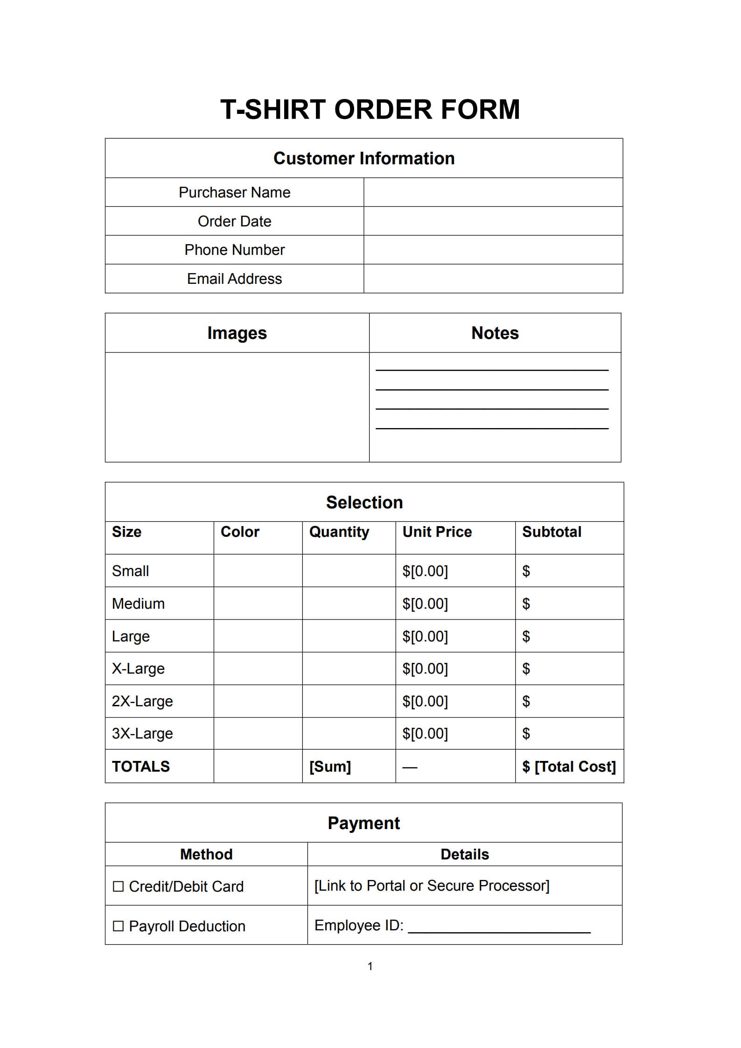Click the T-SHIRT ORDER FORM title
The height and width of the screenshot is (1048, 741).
pyautogui.click(x=370, y=110)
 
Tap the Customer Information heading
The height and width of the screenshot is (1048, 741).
pyautogui.click(x=364, y=158)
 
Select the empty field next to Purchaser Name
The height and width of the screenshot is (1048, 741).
pyautogui.click(x=493, y=192)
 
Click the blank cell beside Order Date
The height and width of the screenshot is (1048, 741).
pyautogui.click(x=493, y=221)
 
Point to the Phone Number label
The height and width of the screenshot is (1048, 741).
pyautogui.click(x=234, y=250)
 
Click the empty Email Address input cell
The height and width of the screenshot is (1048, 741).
pyautogui.click(x=493, y=279)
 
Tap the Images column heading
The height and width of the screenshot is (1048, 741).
pyautogui.click(x=237, y=333)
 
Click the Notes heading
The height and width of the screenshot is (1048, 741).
pyautogui.click(x=495, y=333)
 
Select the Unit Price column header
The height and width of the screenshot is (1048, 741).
pyautogui.click(x=437, y=532)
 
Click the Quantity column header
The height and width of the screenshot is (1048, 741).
pyautogui.click(x=339, y=532)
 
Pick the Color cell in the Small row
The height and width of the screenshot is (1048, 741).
pyautogui.click(x=258, y=571)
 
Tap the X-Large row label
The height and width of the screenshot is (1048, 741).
pyautogui.click(x=138, y=668)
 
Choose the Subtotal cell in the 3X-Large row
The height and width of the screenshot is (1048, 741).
pyautogui.click(x=569, y=733)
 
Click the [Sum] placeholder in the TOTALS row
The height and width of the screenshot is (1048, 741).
pyautogui.click(x=330, y=767)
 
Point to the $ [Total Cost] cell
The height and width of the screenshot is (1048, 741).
pyautogui.click(x=569, y=767)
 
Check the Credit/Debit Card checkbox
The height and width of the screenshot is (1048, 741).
pyautogui.click(x=119, y=886)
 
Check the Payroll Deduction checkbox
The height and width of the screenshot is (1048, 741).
pyautogui.click(x=119, y=926)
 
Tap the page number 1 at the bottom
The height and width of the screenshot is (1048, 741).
pyautogui.click(x=370, y=966)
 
